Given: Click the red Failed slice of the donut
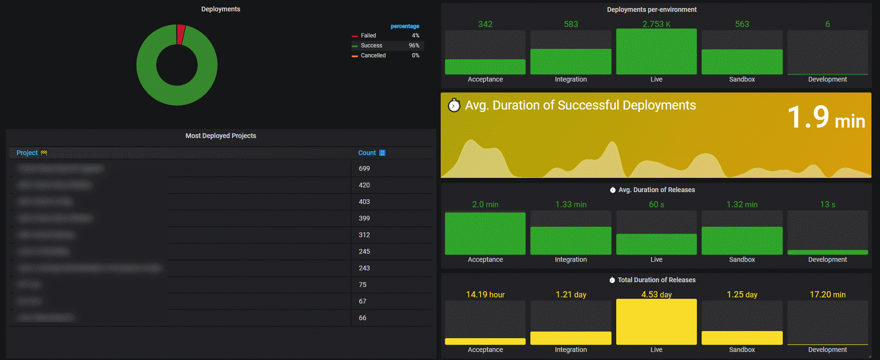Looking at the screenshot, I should click(181, 34).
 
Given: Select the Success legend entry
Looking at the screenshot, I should click(371, 46).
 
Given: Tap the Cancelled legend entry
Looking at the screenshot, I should click(373, 55).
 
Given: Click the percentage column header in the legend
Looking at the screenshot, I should click(405, 26).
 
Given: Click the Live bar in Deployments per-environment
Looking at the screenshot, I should click(656, 52).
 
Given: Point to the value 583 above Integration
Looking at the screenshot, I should click(571, 24).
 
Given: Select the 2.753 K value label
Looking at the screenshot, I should click(656, 24).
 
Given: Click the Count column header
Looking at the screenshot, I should click(367, 153).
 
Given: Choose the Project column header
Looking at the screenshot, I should click(27, 153).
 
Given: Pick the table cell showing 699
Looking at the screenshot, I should click(364, 168).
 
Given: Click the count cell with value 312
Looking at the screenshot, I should click(364, 235).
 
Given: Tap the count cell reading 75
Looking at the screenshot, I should click(362, 285).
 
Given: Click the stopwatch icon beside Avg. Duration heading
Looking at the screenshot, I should click(454, 105).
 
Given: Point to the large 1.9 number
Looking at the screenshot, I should click(808, 117).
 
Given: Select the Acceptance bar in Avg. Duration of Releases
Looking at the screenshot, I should click(485, 233).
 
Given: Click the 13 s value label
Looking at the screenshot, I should click(827, 204).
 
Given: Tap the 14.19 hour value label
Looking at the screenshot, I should click(485, 295).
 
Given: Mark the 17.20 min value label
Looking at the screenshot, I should click(827, 295).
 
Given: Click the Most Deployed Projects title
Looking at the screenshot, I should click(221, 136).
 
